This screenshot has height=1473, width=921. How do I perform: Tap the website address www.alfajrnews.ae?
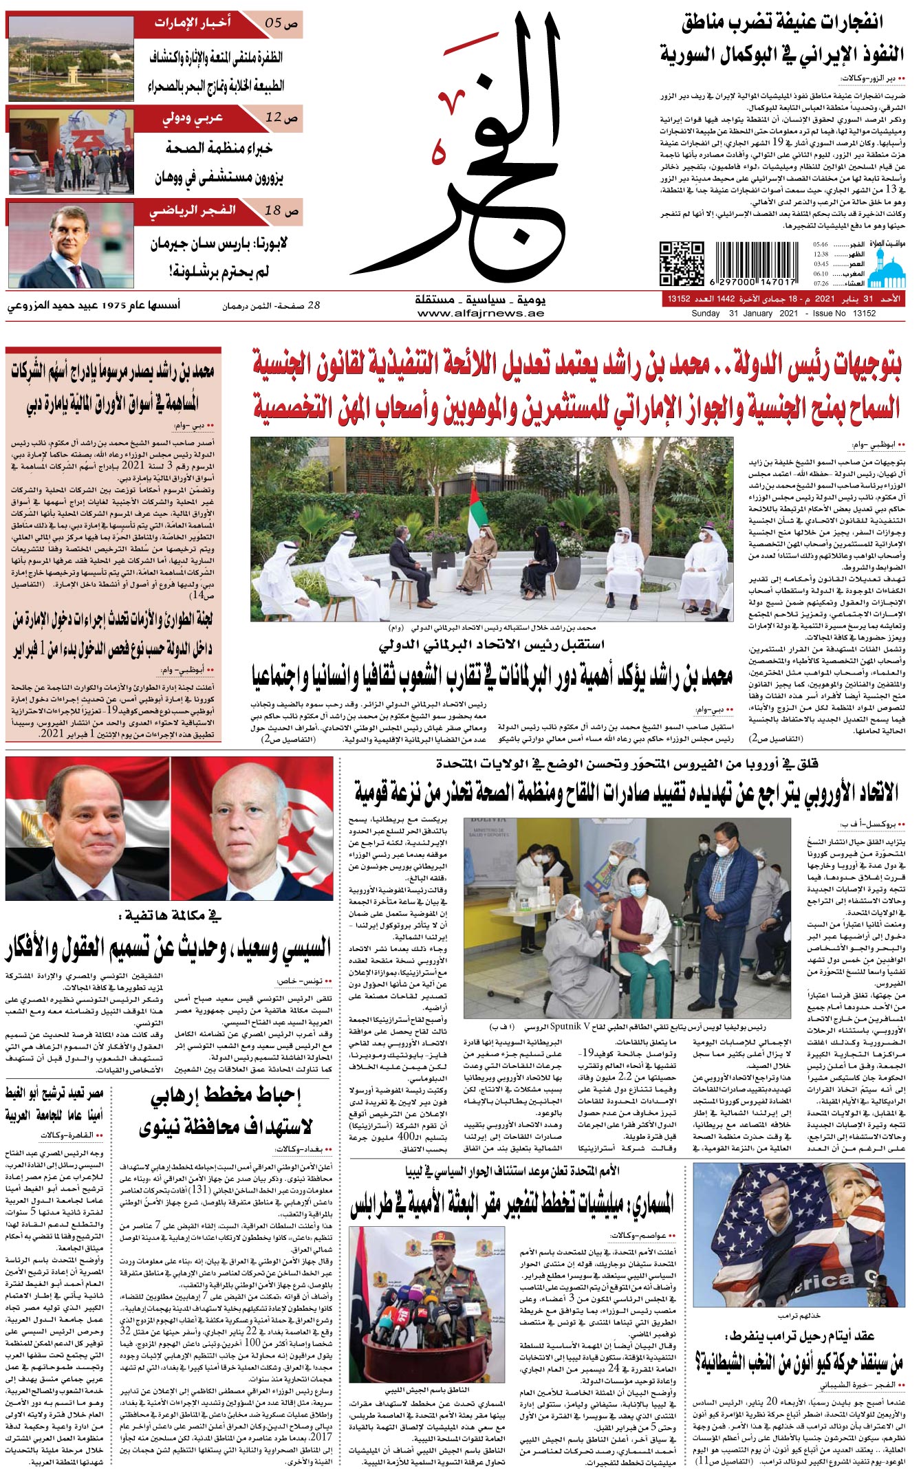(480, 314)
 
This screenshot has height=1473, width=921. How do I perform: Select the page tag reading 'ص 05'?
(281, 23)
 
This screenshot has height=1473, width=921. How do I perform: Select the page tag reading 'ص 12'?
(281, 118)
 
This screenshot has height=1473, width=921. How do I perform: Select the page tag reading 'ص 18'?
(281, 211)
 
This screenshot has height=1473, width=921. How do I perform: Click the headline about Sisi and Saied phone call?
(169, 950)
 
